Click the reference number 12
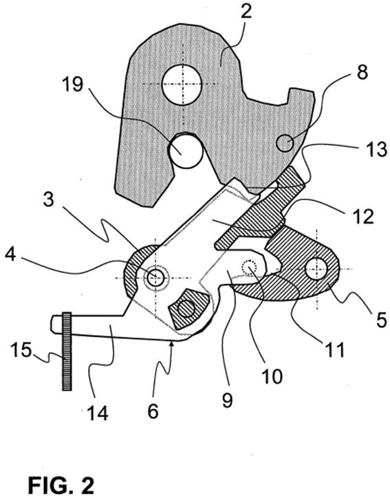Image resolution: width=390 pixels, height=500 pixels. (x=364, y=216)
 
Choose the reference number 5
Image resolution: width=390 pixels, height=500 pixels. (x=381, y=319)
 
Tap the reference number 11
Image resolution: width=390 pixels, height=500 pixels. (x=334, y=349)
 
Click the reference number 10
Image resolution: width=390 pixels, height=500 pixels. (x=272, y=376)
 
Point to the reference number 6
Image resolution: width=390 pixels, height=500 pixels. (x=153, y=411)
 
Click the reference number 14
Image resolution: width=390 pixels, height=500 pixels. (x=98, y=413)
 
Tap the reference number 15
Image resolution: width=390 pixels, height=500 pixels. (x=21, y=350)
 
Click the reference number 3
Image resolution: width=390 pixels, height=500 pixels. (x=49, y=201)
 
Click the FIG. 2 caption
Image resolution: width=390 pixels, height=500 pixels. (x=61, y=486)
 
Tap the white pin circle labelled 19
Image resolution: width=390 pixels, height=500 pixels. (x=185, y=151)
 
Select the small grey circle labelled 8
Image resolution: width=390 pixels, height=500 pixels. (x=285, y=143)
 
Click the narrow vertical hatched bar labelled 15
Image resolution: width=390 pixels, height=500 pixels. (x=67, y=351)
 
